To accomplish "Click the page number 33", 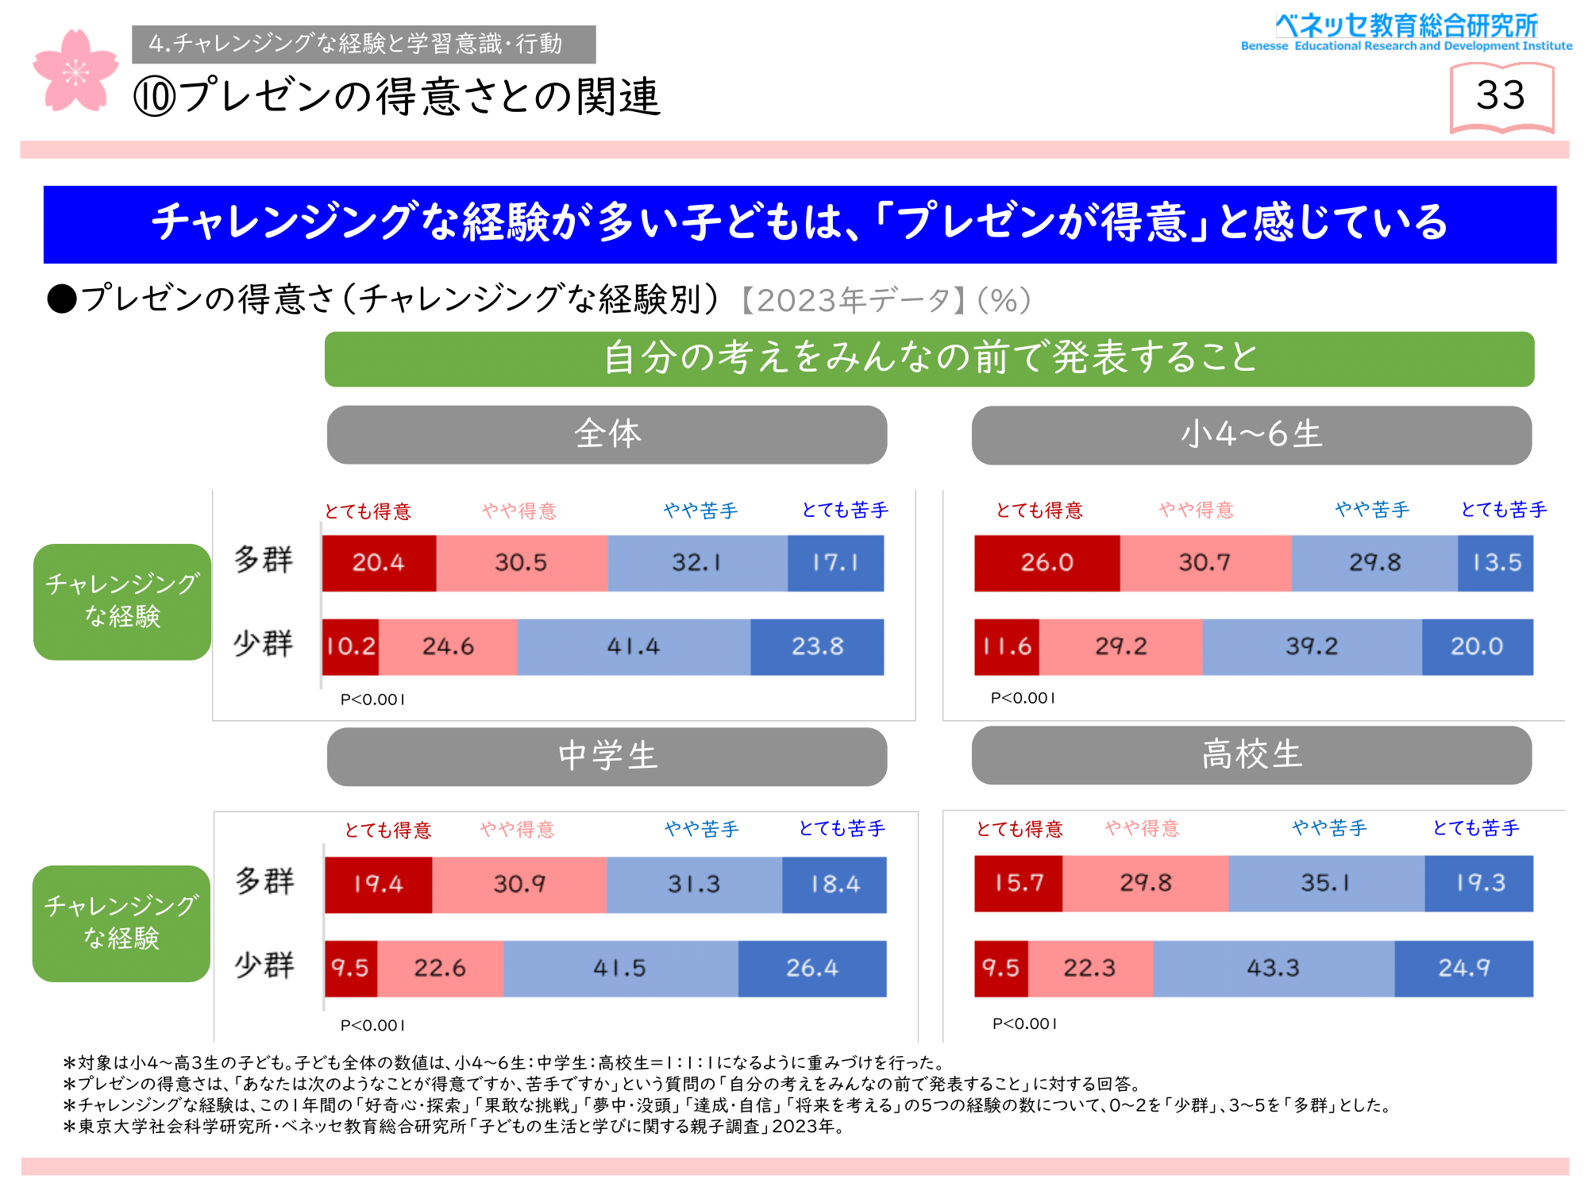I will click(1501, 96).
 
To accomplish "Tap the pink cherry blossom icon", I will click(75, 71).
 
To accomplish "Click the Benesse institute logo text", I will click(1406, 32).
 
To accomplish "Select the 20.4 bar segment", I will click(379, 563).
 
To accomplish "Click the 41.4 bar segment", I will click(634, 647).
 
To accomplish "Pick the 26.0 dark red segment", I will click(1046, 563).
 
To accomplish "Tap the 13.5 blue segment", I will click(1495, 563).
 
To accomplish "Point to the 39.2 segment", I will click(1312, 647).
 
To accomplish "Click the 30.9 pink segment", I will click(519, 885).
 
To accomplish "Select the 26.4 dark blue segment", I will click(811, 969).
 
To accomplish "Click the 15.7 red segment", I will click(1018, 884).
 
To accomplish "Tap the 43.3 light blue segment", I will click(1273, 969).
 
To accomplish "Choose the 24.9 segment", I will click(1463, 969).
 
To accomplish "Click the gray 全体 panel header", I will click(607, 435).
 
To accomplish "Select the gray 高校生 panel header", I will click(1251, 755).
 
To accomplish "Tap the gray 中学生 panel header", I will click(607, 757).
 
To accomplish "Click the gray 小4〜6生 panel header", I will click(1251, 435).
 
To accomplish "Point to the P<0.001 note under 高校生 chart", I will click(1024, 1024).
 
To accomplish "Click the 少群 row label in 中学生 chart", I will click(264, 966).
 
